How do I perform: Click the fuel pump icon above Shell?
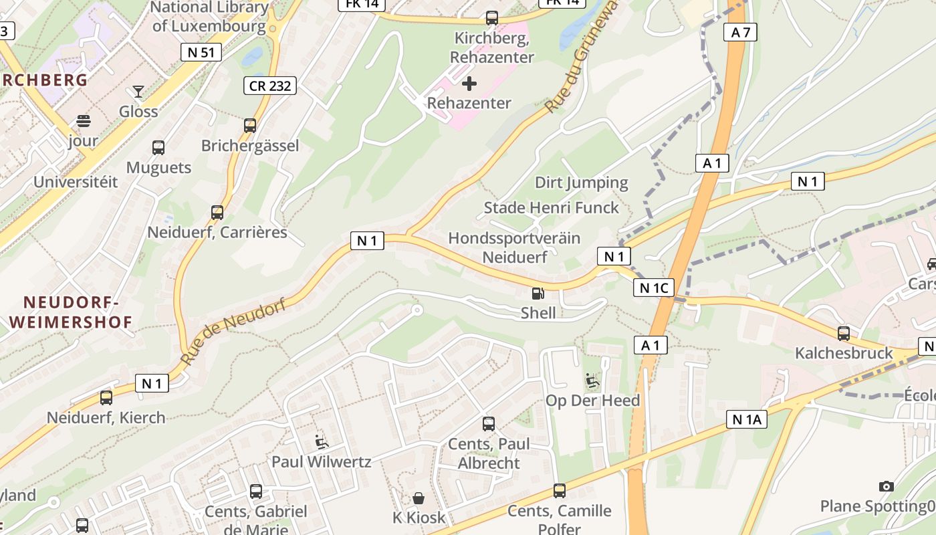pyautogui.click(x=538, y=293)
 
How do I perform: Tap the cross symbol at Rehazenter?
pyautogui.click(x=469, y=84)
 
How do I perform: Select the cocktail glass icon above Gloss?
pyautogui.click(x=138, y=92)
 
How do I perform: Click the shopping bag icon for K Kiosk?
pyautogui.click(x=419, y=498)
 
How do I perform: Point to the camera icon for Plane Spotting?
pyautogui.click(x=887, y=486)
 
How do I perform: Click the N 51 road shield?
pyautogui.click(x=201, y=52)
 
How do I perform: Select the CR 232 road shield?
pyautogui.click(x=269, y=85)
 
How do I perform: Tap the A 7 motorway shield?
pyautogui.click(x=740, y=31)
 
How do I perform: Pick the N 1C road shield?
pyautogui.click(x=653, y=288)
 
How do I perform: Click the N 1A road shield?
pyautogui.click(x=746, y=419)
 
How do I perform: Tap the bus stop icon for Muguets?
pyautogui.click(x=158, y=148)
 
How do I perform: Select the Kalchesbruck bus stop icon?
pyautogui.click(x=844, y=333)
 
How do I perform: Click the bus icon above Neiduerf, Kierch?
pyautogui.click(x=106, y=398)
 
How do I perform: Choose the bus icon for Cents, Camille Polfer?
pyautogui.click(x=560, y=491)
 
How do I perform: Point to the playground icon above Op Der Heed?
pyautogui.click(x=592, y=381)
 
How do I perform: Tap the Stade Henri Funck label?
pyautogui.click(x=552, y=207)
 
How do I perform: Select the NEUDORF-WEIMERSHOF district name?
pyautogui.click(x=71, y=312)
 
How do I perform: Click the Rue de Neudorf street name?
pyautogui.click(x=233, y=332)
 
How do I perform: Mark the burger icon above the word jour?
pyautogui.click(x=84, y=121)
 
